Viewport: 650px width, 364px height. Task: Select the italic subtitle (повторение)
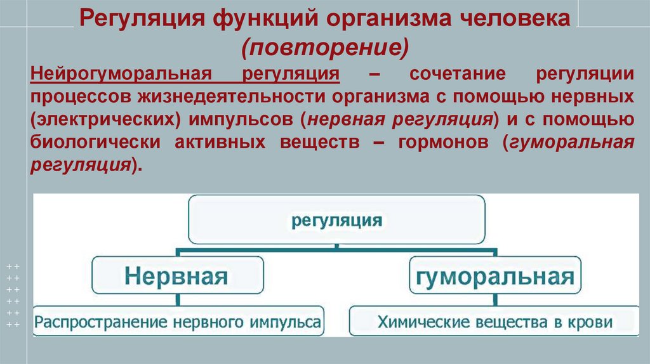[x=324, y=46]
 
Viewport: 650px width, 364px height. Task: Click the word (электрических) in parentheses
[x=100, y=119]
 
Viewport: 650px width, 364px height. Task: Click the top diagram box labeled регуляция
[x=336, y=221]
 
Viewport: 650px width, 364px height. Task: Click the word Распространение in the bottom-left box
[x=99, y=322]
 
